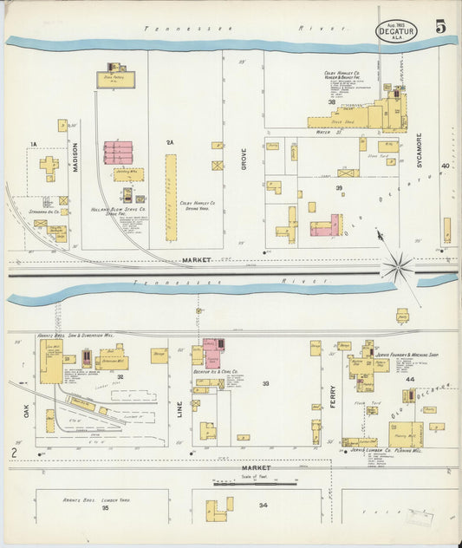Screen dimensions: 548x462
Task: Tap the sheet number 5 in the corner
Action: coord(441,27)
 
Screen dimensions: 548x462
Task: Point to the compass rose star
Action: coord(400,267)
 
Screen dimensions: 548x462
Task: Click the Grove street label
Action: coord(244,157)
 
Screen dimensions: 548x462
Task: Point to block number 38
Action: coord(331,102)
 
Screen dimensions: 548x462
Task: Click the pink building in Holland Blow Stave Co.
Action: coord(118,153)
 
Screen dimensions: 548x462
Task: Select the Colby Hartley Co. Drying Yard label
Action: coord(197,205)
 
